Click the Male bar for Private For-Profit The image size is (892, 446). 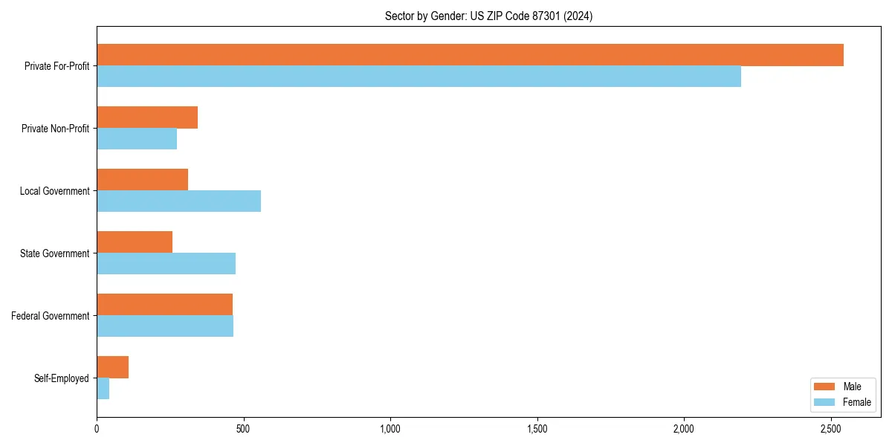470,55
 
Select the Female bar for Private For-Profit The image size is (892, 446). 418,77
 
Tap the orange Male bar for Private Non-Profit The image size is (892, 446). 147,117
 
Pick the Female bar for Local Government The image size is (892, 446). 178,201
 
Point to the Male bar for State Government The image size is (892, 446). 135,242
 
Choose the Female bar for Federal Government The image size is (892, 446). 165,326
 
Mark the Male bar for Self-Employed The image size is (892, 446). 112,367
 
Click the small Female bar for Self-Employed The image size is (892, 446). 103,389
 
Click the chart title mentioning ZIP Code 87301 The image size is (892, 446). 488,16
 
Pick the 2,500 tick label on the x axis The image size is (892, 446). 831,429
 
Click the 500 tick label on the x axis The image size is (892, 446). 243,429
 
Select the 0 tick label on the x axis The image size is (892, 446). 97,429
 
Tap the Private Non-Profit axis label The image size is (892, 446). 55,129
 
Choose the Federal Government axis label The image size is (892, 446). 50,316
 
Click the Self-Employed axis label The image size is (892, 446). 61,378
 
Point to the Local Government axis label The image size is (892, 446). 54,191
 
